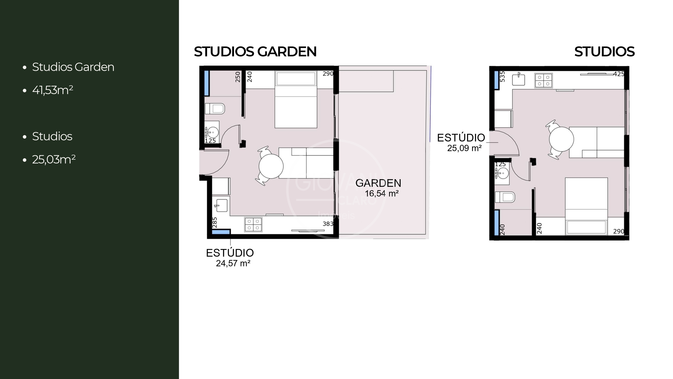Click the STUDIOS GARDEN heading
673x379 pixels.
(x=255, y=52)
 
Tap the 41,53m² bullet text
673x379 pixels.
(x=53, y=90)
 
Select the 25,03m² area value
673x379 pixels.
(x=54, y=159)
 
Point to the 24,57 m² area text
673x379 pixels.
(x=233, y=263)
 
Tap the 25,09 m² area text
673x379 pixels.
(x=464, y=148)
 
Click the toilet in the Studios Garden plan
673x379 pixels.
(x=215, y=109)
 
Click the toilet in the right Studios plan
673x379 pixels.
(x=505, y=197)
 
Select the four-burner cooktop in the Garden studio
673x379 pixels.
(x=253, y=224)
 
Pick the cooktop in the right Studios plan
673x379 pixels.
(x=543, y=80)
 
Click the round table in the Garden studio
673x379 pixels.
(x=271, y=166)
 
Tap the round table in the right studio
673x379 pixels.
(x=561, y=139)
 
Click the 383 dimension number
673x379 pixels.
(x=328, y=224)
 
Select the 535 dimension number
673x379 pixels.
(x=502, y=77)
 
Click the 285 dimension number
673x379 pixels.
(x=215, y=222)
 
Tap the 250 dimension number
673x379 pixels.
(x=238, y=77)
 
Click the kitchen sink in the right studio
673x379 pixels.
(x=518, y=80)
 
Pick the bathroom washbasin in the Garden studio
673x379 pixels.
(x=212, y=132)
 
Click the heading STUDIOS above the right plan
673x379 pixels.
(x=604, y=52)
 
